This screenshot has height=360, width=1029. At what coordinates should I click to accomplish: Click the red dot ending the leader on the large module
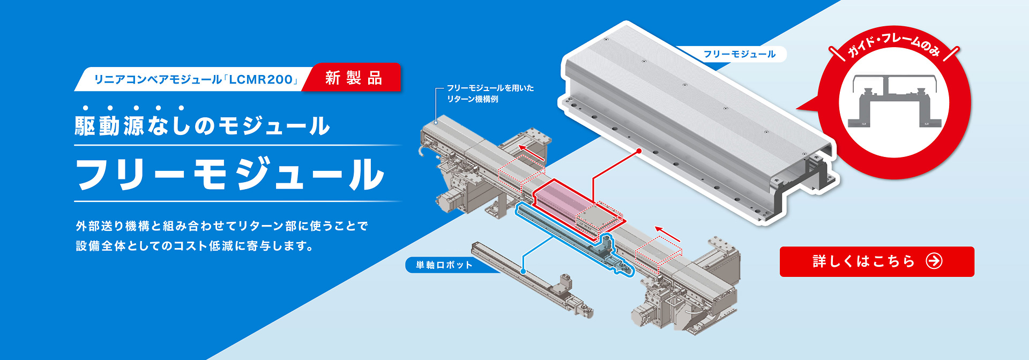click(x=639, y=152)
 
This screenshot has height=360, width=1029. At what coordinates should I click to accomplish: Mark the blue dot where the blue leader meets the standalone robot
click(x=523, y=272)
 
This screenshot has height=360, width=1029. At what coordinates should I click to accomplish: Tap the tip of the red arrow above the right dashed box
click(x=655, y=228)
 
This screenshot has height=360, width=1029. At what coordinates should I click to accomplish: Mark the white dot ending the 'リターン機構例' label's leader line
click(x=436, y=122)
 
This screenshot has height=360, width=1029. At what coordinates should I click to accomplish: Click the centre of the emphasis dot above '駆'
click(x=85, y=108)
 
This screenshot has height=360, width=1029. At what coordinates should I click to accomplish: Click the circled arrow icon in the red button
click(x=934, y=261)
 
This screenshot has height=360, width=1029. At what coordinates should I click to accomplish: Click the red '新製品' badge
click(x=353, y=78)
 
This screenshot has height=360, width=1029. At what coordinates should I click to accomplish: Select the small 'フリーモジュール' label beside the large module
click(x=739, y=54)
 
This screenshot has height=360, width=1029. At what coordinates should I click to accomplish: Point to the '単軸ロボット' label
click(x=444, y=265)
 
